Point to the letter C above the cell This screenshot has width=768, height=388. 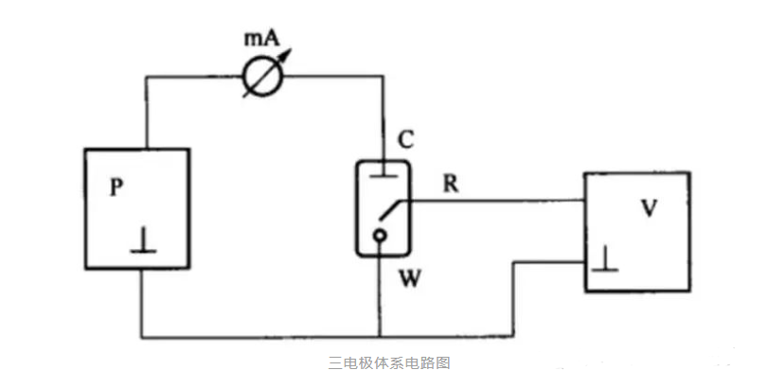(x=404, y=141)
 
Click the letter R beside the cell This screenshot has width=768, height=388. (x=452, y=185)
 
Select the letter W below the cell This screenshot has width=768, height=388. (x=405, y=279)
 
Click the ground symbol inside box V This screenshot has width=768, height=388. (x=604, y=261)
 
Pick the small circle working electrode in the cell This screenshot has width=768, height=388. (x=380, y=236)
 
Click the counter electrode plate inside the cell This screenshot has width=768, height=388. (x=381, y=176)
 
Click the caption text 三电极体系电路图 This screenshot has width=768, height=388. (x=383, y=362)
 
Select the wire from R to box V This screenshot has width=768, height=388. (x=502, y=200)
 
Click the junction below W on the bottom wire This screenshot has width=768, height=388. (x=381, y=337)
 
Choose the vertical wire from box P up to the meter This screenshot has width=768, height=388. (x=144, y=114)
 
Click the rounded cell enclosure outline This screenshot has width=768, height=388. (x=358, y=208)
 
